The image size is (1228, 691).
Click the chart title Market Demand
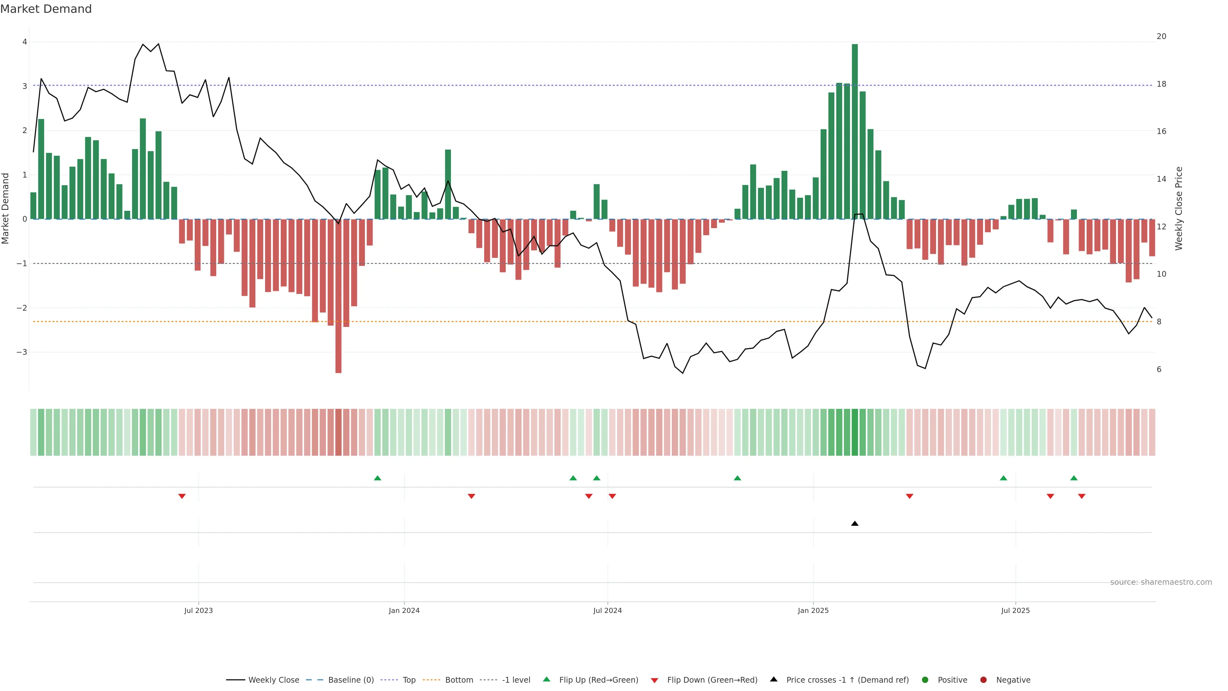click(46, 9)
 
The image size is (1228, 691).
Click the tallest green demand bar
click(855, 131)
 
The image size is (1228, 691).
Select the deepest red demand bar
click(338, 296)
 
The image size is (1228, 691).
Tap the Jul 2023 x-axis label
click(198, 610)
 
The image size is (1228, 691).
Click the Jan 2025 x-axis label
click(813, 610)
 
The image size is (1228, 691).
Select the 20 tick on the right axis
click(1161, 36)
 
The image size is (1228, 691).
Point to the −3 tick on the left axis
click(22, 352)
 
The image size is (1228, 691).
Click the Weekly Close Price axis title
click(1178, 208)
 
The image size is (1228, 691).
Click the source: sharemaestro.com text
click(1161, 582)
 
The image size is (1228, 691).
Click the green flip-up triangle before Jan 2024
click(378, 478)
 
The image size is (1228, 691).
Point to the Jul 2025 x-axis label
click(1015, 610)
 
